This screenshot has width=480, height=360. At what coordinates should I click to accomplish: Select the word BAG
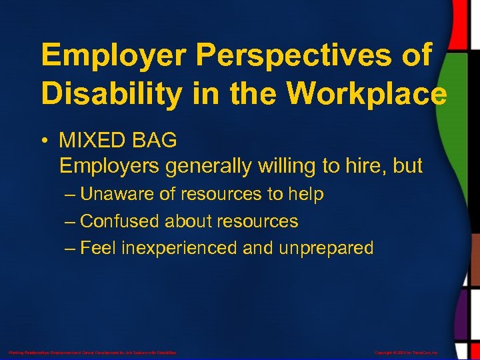pyautogui.click(x=155, y=141)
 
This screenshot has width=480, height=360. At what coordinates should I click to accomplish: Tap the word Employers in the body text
pyautogui.click(x=109, y=166)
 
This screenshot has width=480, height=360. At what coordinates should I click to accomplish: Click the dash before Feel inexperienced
pyautogui.click(x=71, y=248)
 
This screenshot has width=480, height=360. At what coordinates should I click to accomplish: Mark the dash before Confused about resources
pyautogui.click(x=71, y=221)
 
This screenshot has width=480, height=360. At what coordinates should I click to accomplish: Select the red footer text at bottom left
pyautogui.click(x=92, y=351)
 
